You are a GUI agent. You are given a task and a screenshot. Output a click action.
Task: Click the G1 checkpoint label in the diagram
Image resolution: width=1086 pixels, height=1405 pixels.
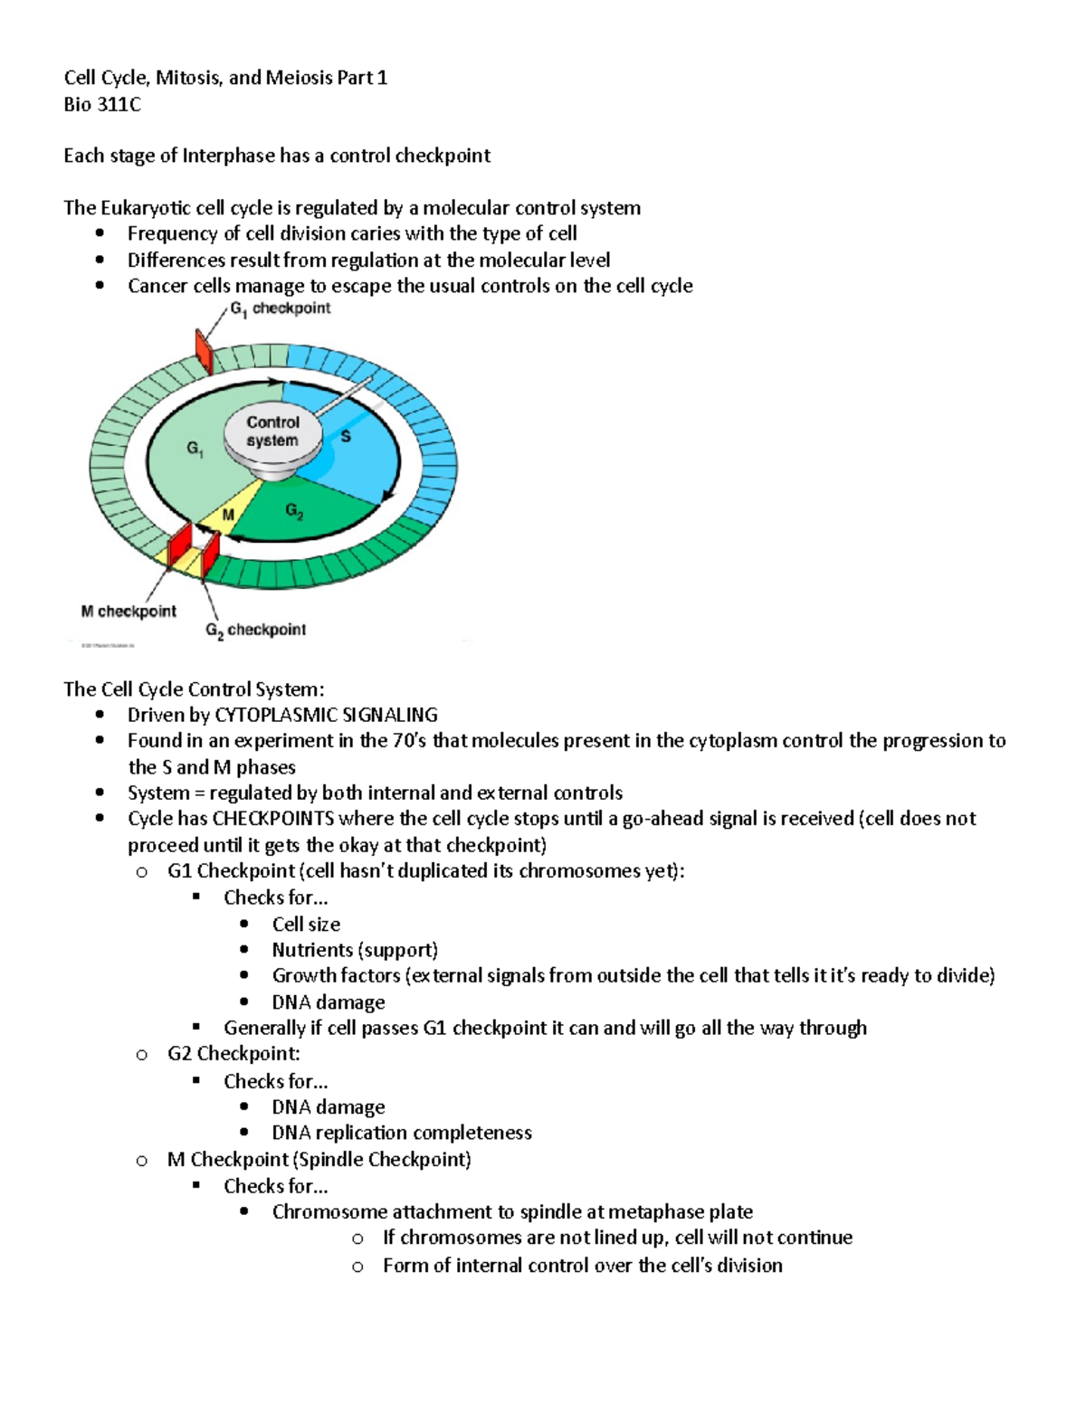(x=280, y=309)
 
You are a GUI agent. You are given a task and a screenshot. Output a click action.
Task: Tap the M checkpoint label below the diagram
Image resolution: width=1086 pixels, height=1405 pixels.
(x=129, y=612)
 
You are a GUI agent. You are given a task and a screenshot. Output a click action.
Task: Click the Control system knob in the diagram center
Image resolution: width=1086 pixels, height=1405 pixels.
(x=272, y=432)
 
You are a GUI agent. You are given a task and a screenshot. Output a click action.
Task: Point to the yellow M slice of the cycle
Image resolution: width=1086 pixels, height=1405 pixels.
(x=226, y=517)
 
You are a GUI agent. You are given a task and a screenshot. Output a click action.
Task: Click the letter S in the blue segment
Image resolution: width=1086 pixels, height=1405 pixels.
(x=345, y=437)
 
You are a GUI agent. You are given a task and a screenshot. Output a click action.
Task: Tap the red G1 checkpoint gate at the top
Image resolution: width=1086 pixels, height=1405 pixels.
(x=205, y=352)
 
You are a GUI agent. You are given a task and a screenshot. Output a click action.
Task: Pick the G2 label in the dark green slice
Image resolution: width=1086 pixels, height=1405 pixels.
(x=294, y=511)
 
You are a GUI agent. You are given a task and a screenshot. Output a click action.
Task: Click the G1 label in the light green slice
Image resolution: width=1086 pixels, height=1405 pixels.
(x=195, y=448)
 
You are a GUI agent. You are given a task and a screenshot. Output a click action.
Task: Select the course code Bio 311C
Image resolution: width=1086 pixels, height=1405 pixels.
(x=102, y=105)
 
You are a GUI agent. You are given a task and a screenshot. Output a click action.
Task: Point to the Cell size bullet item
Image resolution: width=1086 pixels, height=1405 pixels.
(x=306, y=924)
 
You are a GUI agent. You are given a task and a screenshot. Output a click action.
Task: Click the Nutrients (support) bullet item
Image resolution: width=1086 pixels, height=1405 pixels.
(x=355, y=950)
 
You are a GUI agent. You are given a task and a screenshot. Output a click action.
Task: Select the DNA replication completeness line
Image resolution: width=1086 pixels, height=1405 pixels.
(x=402, y=1133)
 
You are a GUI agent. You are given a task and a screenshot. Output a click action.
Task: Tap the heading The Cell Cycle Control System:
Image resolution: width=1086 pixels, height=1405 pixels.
(x=194, y=689)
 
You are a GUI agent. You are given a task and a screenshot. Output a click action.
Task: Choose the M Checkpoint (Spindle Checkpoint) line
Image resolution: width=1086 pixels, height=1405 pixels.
(x=319, y=1159)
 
